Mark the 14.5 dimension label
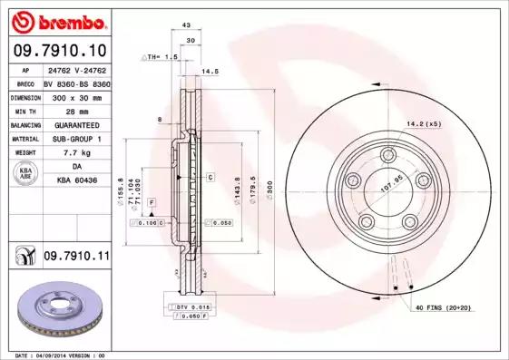point(210,70)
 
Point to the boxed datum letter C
point(209,178)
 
